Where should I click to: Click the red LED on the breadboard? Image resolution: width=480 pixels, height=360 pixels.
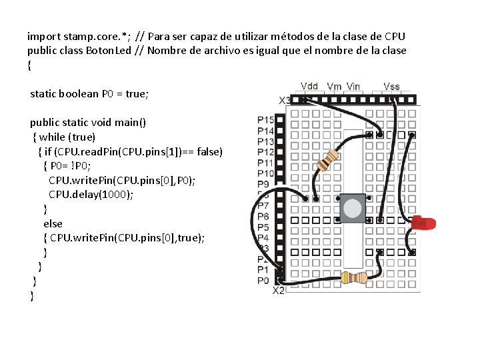(423, 223)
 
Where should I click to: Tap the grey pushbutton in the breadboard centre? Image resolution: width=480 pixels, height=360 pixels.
(353, 209)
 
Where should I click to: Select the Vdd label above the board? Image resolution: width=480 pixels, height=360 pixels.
(309, 86)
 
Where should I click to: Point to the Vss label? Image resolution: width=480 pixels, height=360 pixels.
(392, 86)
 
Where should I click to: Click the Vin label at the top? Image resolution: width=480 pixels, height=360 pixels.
(353, 86)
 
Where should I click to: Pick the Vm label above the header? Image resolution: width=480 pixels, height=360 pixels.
(334, 86)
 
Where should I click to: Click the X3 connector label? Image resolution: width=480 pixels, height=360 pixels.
(285, 100)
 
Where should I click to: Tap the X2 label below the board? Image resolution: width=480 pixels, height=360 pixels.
(279, 290)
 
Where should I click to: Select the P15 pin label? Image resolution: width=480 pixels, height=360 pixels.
(265, 120)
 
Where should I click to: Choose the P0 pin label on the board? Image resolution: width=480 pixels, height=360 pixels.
(263, 281)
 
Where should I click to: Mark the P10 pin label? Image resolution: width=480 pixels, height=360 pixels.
(265, 173)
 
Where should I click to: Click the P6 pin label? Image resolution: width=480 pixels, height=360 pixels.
(263, 217)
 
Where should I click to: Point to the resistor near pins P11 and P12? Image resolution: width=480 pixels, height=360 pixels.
(327, 161)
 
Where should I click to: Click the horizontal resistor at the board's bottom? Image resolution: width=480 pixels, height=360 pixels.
(354, 277)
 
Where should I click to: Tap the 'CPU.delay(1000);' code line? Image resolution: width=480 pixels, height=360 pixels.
(91, 195)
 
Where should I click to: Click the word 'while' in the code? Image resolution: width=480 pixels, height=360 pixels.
(52, 137)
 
